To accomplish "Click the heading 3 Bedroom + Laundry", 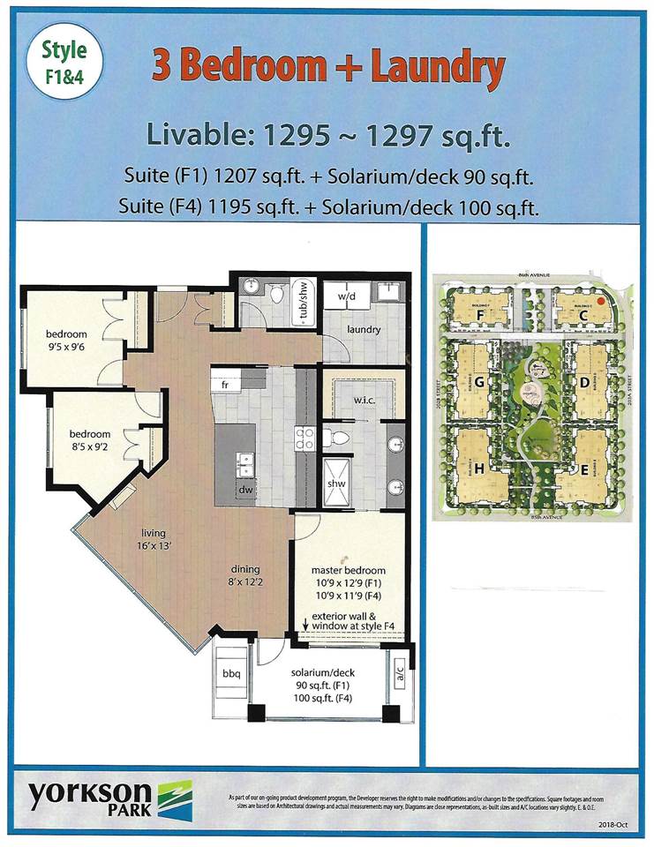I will (x=328, y=69).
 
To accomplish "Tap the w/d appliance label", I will (x=347, y=297).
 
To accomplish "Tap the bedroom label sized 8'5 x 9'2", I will (x=91, y=440).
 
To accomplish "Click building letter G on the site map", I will (x=479, y=384).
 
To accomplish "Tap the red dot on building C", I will (x=601, y=300).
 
